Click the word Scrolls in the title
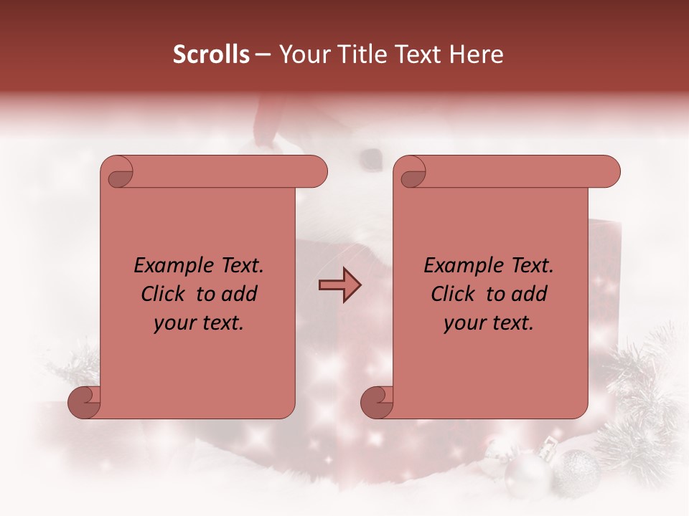(x=211, y=54)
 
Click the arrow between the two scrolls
(x=339, y=285)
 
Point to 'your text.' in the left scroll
(x=199, y=322)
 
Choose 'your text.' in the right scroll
(x=489, y=322)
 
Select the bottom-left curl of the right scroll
(x=376, y=401)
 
